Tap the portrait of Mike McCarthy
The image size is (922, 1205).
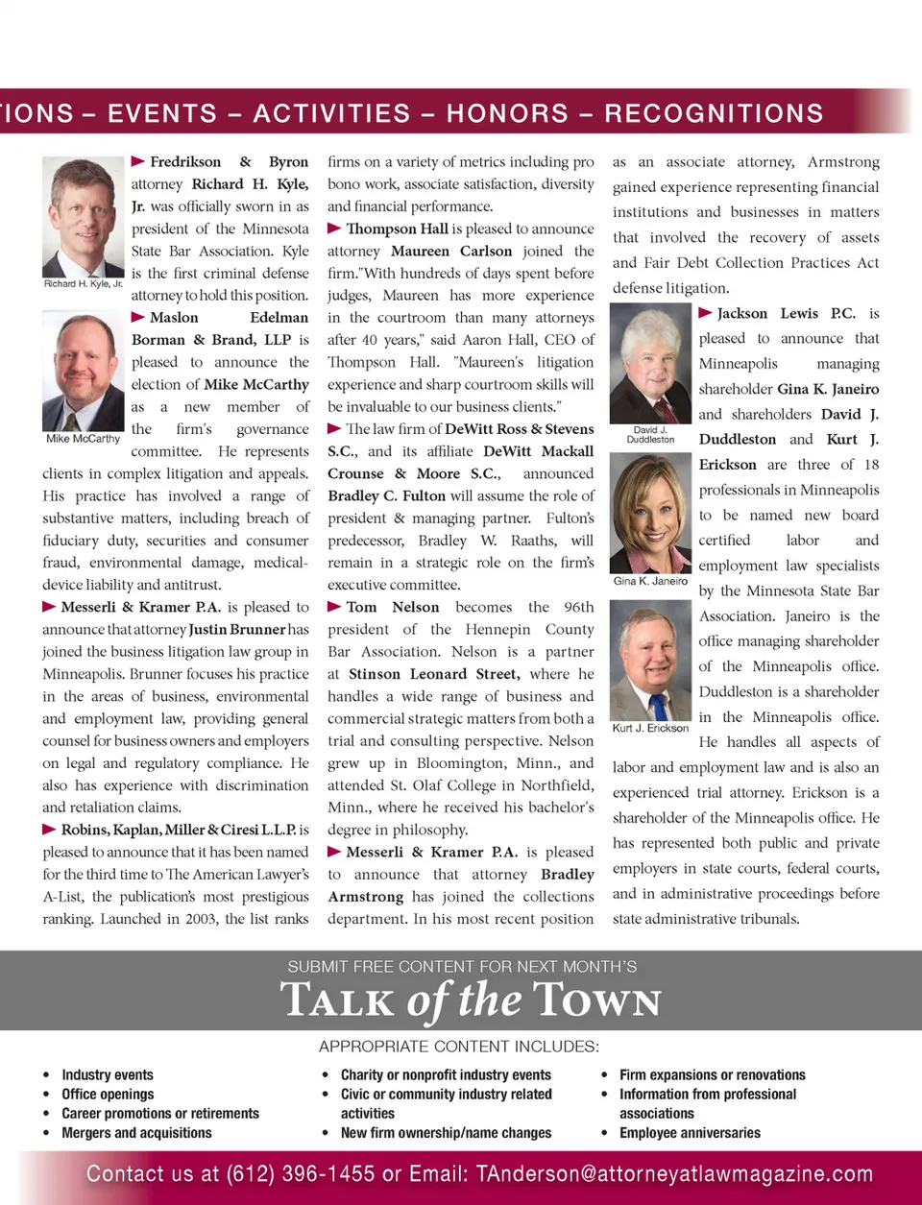(x=83, y=372)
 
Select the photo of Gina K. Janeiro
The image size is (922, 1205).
(x=650, y=513)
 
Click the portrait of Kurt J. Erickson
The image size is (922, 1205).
(x=650, y=662)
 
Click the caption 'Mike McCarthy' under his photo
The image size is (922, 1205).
(x=83, y=439)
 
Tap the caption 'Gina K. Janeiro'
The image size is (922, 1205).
(x=650, y=581)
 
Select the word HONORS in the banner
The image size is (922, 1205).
(x=507, y=113)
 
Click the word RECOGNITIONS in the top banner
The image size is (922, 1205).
(x=714, y=113)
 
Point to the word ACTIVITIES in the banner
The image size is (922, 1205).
(x=331, y=113)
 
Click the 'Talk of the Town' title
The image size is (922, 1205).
(x=471, y=1000)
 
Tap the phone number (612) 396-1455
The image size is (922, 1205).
(x=301, y=1173)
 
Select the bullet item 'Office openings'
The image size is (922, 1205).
(x=108, y=1095)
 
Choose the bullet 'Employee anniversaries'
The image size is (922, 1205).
(x=690, y=1133)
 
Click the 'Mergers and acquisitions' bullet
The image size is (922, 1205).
(x=136, y=1133)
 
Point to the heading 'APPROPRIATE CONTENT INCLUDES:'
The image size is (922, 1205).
(x=459, y=1047)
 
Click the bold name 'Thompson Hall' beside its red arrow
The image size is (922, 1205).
(x=397, y=229)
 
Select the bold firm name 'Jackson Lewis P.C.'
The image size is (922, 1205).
(x=786, y=313)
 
